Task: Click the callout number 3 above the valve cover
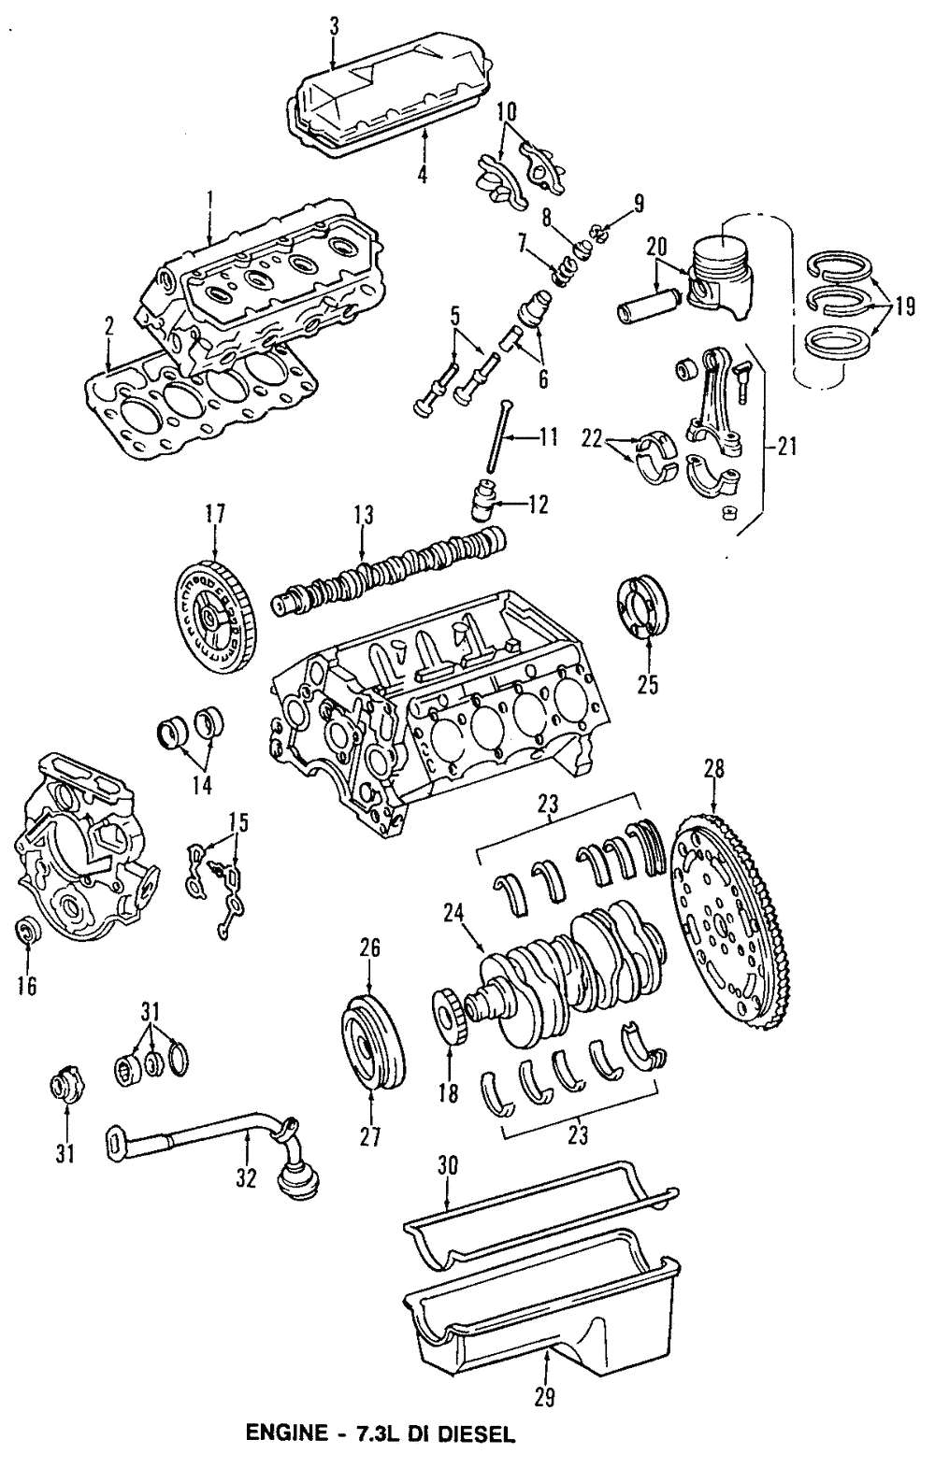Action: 334,25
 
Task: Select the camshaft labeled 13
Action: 393,569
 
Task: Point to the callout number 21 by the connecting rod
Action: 786,448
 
